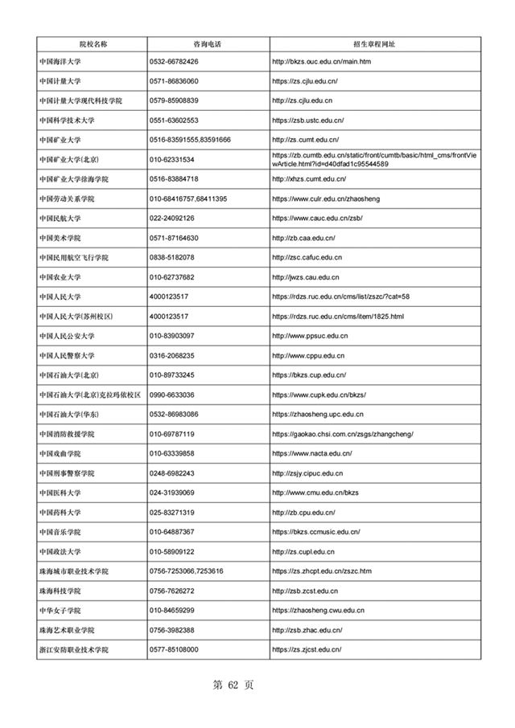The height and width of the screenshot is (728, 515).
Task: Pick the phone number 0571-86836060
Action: (174, 81)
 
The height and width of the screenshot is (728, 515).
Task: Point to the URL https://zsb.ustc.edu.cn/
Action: (308, 121)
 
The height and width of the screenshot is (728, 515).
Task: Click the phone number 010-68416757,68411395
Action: (188, 198)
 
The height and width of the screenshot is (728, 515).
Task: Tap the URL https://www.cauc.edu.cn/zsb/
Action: (319, 218)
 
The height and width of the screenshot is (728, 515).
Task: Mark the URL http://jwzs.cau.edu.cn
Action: (306, 277)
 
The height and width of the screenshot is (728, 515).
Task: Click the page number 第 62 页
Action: (233, 685)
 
